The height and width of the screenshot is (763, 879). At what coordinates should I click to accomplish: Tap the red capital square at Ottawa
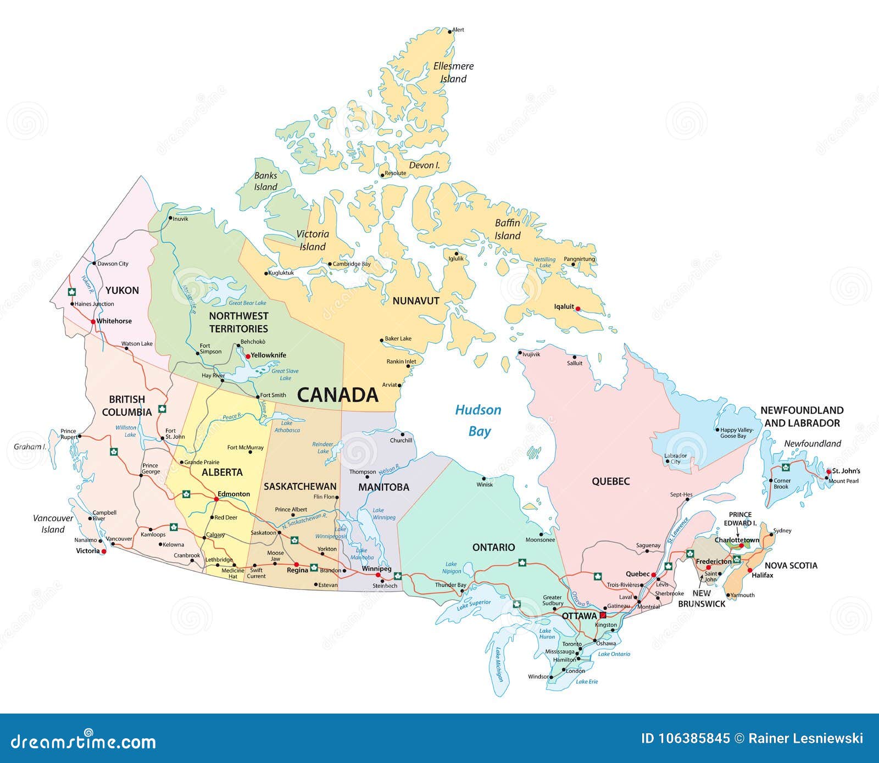(x=603, y=615)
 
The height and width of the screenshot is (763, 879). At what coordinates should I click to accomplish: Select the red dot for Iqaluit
(x=577, y=309)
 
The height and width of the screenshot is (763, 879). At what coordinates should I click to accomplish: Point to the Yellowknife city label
(x=268, y=355)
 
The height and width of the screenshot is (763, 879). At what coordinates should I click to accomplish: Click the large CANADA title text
(x=337, y=395)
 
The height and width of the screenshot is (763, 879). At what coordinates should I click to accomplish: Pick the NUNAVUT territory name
(x=416, y=300)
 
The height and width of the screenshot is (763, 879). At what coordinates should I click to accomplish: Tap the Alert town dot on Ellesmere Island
(x=450, y=31)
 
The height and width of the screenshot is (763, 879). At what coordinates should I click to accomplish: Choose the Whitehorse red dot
(x=93, y=321)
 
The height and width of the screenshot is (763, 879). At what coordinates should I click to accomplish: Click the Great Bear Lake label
(x=247, y=303)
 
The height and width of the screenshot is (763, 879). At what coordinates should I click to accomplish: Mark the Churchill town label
(x=400, y=441)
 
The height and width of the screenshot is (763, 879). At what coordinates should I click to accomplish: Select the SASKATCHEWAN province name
(x=300, y=486)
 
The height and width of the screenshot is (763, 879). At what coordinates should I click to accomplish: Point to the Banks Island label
(x=265, y=181)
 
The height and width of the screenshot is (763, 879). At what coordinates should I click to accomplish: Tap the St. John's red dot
(x=828, y=471)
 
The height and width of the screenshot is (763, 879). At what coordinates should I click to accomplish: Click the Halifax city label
(x=763, y=575)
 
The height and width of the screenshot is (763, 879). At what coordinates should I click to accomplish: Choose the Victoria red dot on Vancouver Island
(x=104, y=551)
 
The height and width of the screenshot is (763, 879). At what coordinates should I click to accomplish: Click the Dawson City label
(x=113, y=264)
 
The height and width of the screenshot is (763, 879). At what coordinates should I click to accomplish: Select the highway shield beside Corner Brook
(x=786, y=467)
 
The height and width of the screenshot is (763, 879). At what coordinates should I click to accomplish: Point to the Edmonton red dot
(x=215, y=499)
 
